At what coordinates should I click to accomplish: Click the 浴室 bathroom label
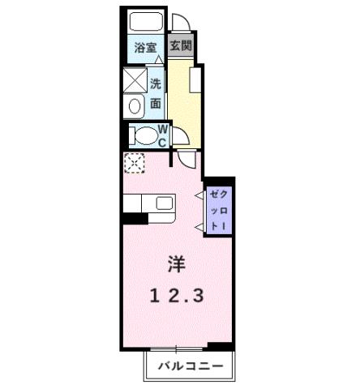(145, 48)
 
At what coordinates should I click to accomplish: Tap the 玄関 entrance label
(181, 46)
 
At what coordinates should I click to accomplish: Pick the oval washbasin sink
(135, 105)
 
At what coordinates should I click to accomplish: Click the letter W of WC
(162, 129)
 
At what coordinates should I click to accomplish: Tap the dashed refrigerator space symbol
(133, 162)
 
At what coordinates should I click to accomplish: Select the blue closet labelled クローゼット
(219, 210)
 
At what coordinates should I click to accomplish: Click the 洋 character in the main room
(176, 263)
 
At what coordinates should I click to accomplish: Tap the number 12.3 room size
(176, 296)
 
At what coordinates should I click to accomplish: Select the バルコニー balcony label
(190, 365)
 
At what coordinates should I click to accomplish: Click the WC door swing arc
(187, 160)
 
